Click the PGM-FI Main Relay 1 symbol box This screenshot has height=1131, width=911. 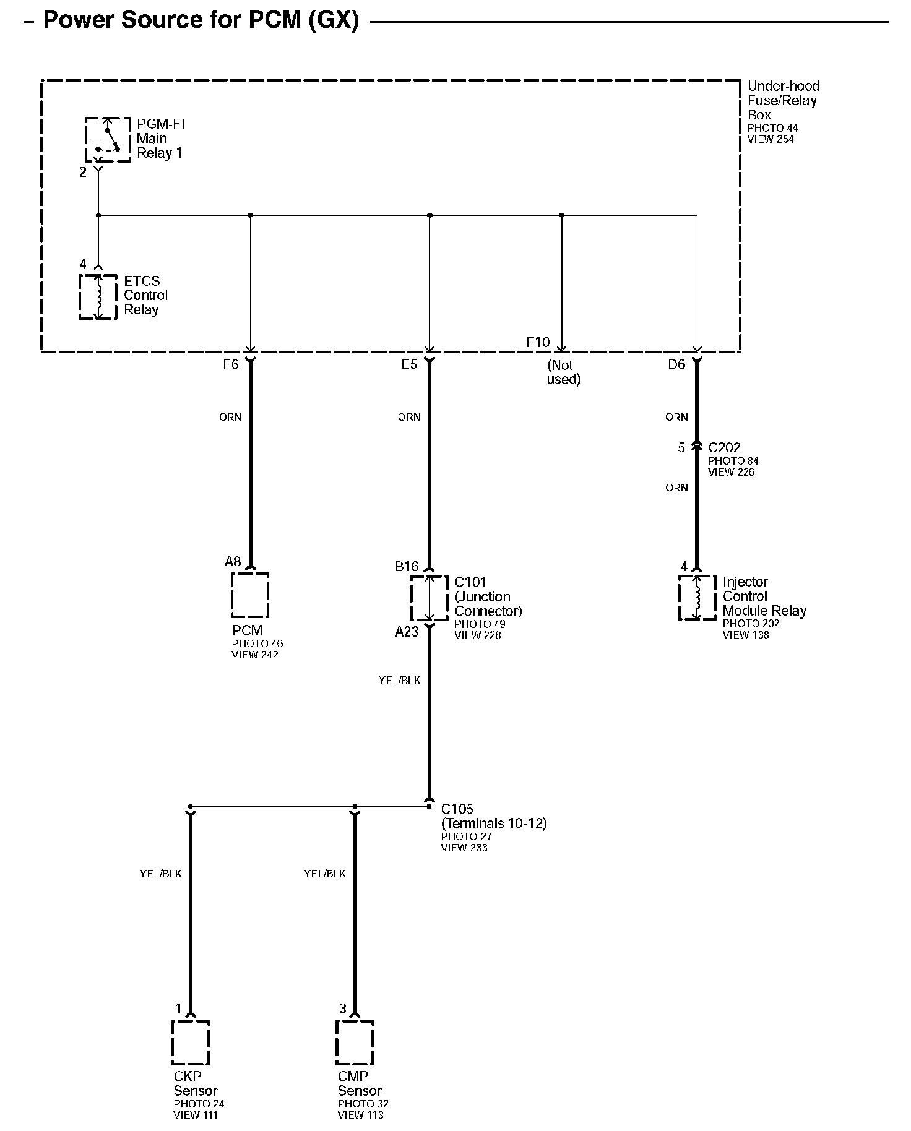point(107,139)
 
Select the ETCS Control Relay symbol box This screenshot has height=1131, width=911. point(98,297)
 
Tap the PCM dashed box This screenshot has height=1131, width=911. point(250,595)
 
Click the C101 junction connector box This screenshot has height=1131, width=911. point(429,598)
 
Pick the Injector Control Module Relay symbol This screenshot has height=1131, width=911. point(697,598)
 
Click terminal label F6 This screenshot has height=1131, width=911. point(231,365)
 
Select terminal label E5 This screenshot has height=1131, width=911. point(409,365)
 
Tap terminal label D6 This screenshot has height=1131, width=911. point(676,365)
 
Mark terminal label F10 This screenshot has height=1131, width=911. point(538,342)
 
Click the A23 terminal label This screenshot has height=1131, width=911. point(407,632)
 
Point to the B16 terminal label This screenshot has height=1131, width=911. point(407,566)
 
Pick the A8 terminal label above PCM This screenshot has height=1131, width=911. point(233,562)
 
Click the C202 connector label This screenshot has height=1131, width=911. point(724,447)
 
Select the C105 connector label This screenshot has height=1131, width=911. point(457,809)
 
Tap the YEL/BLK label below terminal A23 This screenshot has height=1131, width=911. point(399,680)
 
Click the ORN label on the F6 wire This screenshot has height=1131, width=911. point(230,417)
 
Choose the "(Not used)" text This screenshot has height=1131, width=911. point(563,372)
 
